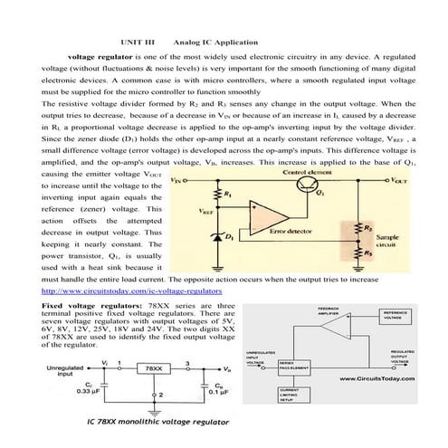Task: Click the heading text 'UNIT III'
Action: (x=138, y=42)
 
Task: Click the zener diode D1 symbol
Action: (x=217, y=236)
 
